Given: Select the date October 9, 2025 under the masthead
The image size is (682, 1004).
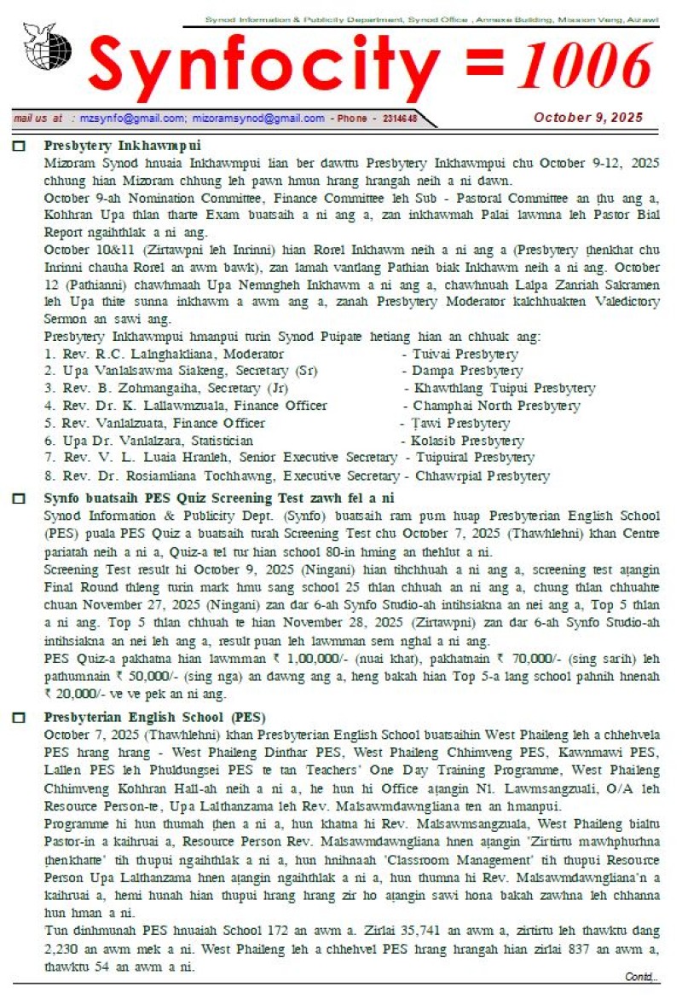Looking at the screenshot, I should click(x=588, y=118).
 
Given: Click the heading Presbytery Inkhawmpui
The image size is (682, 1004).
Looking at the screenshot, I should click(x=122, y=145).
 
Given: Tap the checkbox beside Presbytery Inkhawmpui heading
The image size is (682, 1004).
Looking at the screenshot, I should click(x=19, y=146).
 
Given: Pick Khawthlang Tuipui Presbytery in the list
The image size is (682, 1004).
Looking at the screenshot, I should click(x=503, y=388).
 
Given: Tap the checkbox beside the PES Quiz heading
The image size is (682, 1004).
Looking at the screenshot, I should click(x=19, y=499).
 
